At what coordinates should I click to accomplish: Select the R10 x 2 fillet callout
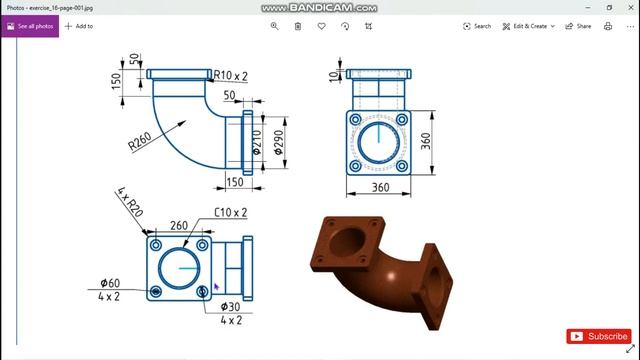(x=231, y=75)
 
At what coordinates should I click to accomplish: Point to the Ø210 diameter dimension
(x=256, y=146)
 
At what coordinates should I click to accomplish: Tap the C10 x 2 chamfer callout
(x=230, y=212)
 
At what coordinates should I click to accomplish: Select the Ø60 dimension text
(x=109, y=283)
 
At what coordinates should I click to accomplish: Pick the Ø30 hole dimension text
(x=230, y=306)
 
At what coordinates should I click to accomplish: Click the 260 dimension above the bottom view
(x=179, y=225)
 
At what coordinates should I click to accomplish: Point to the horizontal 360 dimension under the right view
(x=380, y=187)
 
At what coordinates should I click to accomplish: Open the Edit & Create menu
(x=528, y=26)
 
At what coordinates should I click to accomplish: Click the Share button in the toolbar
(x=579, y=26)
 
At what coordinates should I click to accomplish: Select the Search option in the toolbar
(x=477, y=26)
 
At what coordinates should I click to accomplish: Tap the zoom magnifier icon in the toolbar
(x=274, y=26)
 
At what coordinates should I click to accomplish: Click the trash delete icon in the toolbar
(x=297, y=26)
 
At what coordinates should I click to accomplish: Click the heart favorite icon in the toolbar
(x=321, y=26)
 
